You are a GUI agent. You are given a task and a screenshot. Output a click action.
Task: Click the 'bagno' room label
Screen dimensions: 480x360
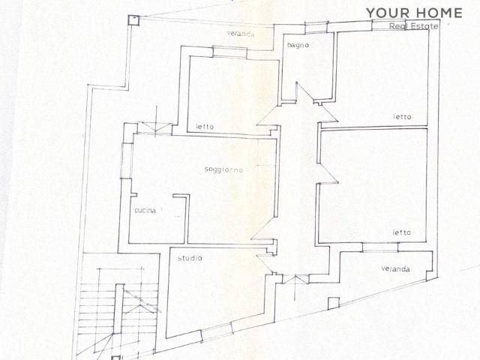point(298,45)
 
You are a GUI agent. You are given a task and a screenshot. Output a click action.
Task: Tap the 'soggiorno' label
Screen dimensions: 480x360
point(223,169)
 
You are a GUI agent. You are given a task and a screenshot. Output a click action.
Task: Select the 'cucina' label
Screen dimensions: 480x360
point(145,210)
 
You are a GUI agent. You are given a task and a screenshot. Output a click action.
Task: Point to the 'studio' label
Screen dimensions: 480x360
point(190,258)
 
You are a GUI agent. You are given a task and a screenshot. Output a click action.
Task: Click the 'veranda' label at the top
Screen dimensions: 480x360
point(241,33)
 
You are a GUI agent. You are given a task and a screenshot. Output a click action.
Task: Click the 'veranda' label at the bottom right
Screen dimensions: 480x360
point(395,268)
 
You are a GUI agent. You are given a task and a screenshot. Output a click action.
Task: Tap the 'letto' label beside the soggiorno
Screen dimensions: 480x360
point(205,127)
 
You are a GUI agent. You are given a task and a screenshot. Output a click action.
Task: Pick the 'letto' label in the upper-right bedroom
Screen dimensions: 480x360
point(402,117)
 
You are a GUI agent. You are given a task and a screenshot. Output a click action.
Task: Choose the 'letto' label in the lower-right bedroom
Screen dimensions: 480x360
point(402,232)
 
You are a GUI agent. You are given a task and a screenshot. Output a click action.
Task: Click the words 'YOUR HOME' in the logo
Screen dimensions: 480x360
point(414,13)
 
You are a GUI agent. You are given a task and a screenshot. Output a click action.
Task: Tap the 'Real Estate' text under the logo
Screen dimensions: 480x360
point(413,26)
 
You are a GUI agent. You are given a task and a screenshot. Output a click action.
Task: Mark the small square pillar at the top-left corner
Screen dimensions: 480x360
point(133,20)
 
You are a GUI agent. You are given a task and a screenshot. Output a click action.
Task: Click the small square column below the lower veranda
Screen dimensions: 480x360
point(334,303)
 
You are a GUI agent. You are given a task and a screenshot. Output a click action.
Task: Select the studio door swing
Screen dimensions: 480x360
point(265,264)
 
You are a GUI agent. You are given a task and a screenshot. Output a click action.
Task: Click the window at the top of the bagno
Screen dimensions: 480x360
point(316,27)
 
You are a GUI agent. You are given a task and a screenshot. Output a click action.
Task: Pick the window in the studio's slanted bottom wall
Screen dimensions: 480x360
point(217,331)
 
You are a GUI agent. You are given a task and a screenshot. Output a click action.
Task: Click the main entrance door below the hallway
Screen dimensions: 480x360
point(295,279)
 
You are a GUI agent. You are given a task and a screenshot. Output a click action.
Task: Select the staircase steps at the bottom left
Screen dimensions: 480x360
point(118,309)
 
